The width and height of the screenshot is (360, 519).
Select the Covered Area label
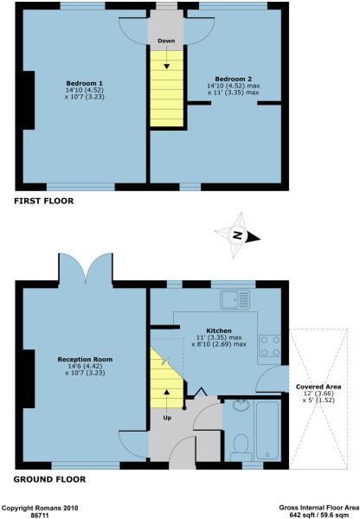pos(316,387)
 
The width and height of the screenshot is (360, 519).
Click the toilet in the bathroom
pos(243,445)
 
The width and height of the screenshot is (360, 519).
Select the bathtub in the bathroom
pos(266,428)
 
